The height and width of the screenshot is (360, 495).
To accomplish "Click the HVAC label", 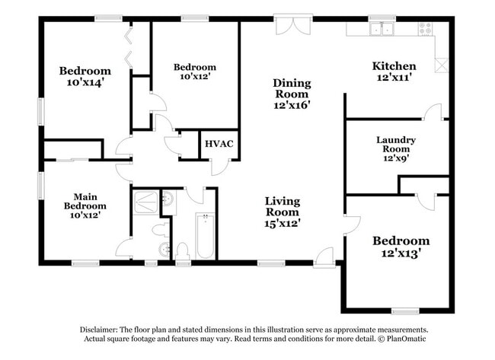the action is tap(219, 144).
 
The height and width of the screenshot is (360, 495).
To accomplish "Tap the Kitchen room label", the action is tap(394, 66).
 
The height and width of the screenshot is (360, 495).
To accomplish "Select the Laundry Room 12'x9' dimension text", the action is tap(396, 158).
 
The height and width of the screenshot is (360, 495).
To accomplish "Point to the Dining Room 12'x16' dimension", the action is tap(292, 105).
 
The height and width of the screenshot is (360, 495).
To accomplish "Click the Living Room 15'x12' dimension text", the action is tap(283, 224).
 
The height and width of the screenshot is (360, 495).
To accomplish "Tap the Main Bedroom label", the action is tap(85, 201).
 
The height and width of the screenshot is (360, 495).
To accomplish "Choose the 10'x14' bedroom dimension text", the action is tap(85, 83).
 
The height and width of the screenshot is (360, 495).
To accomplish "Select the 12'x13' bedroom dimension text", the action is tap(401, 253).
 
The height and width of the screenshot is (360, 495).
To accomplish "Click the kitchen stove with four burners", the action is tap(425, 29).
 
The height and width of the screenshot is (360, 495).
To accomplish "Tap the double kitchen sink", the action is tap(382, 29).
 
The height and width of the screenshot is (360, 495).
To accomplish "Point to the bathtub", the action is tap(206, 236).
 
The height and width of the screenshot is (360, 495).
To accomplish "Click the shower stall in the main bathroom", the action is tap(145, 202).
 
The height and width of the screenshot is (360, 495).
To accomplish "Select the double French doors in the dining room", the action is tap(293, 25).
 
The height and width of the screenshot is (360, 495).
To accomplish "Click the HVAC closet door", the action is tap(221, 167).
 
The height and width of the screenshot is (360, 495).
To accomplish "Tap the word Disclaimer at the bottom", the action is tap(99, 330).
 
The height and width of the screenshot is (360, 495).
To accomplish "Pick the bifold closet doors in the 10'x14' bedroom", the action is tap(129, 48).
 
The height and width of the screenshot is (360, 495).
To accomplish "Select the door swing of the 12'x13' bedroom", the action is tap(352, 225).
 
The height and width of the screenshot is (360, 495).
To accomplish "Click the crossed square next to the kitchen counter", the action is tap(442, 65).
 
